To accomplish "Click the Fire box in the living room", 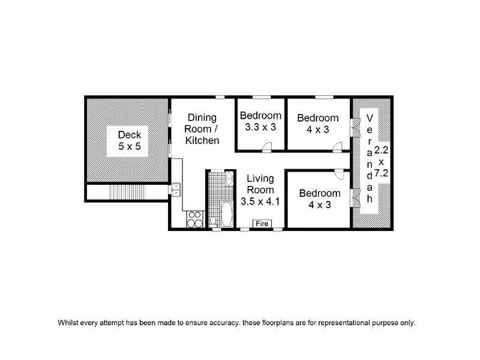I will (262, 224).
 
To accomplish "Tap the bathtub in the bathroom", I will (227, 215).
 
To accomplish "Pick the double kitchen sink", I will (175, 190).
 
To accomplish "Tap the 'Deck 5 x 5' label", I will (129, 140).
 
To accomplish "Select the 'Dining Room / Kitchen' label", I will (202, 129).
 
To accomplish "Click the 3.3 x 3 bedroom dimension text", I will (260, 127).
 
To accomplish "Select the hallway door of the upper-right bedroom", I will (338, 145).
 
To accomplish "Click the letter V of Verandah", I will (370, 116).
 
